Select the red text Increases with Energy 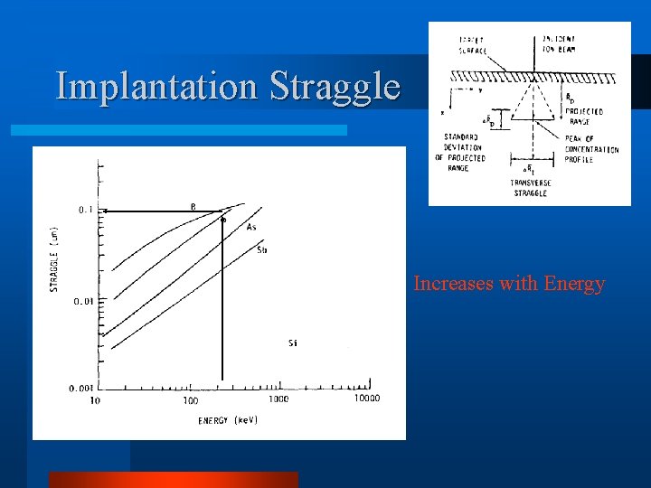pyautogui.click(x=509, y=284)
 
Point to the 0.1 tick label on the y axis pyautogui.click(x=86, y=210)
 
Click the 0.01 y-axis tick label pyautogui.click(x=83, y=301)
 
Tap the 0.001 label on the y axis pyautogui.click(x=80, y=388)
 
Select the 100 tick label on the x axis pyautogui.click(x=191, y=400)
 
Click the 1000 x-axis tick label pyautogui.click(x=278, y=399)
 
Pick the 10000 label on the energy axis pyautogui.click(x=365, y=399)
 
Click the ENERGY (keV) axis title pyautogui.click(x=228, y=420)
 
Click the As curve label pyautogui.click(x=252, y=228)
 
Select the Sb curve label pyautogui.click(x=262, y=249)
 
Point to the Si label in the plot pyautogui.click(x=293, y=343)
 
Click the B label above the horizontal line pyautogui.click(x=193, y=206)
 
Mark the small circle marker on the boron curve pyautogui.click(x=222, y=219)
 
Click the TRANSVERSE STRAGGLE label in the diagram pyautogui.click(x=531, y=188)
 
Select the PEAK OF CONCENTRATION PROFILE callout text pyautogui.click(x=591, y=149)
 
